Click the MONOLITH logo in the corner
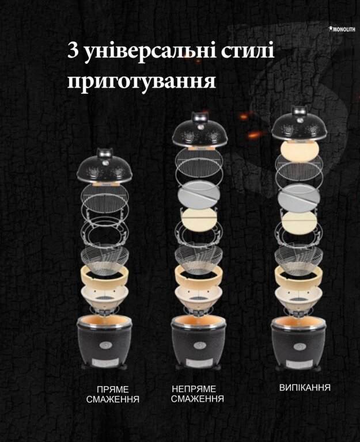pos(342,29)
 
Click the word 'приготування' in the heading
pos(142,82)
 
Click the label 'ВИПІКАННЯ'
pos(305,387)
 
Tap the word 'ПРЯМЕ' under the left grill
pos(112,390)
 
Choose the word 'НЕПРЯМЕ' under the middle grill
pos(194,389)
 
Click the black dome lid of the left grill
pos(104,166)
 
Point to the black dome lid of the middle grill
pos(200,129)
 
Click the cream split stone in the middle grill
pos(199,220)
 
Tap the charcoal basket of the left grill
pos(105,260)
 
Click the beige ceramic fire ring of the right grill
pos(298,277)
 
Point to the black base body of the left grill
pos(104,342)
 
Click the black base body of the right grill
pos(299,344)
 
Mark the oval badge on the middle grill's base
pos(200,345)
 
